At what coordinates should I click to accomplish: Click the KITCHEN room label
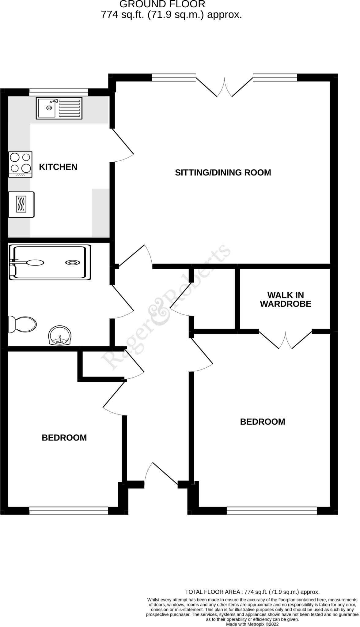[58, 167]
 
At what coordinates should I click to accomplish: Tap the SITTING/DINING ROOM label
[223, 172]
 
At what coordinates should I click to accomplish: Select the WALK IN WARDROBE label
[286, 299]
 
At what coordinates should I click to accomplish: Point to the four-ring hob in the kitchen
[21, 164]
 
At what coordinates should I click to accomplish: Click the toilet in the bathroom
[23, 324]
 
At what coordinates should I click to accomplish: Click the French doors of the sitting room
[225, 87]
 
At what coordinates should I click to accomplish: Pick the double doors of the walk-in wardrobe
[285, 340]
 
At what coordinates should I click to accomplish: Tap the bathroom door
[123, 302]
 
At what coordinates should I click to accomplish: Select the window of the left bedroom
[69, 510]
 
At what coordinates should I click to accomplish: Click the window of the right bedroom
[272, 510]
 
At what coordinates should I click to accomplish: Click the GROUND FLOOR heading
[162, 4]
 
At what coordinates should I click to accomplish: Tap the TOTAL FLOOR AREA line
[252, 592]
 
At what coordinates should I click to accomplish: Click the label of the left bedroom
[64, 437]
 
